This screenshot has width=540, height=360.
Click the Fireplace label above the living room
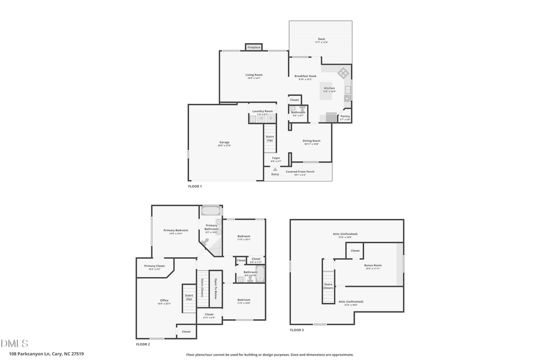coord(254,47)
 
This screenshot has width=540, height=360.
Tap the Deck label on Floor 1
coord(322,40)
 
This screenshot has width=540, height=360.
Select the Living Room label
coord(254,76)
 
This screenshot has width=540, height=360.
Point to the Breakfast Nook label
coord(305,77)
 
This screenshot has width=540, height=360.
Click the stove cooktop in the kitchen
coord(343,73)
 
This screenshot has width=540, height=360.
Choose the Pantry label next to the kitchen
coord(345,117)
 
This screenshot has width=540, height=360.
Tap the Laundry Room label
coord(262,112)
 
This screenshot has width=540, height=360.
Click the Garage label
coord(224,143)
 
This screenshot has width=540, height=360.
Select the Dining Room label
coord(311,142)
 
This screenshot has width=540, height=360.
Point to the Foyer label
coord(275,159)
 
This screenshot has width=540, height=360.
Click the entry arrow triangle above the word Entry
coord(275,169)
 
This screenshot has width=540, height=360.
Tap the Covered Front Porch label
coord(299,172)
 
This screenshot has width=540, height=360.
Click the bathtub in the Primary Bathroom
coord(211,211)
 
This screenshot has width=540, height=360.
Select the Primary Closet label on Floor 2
coord(154,266)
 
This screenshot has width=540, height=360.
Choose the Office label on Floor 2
coord(164,301)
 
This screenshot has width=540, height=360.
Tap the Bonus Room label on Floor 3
coord(373,266)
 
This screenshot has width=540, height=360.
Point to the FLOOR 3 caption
coord(297,330)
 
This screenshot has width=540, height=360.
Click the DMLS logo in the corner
coord(14,343)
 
